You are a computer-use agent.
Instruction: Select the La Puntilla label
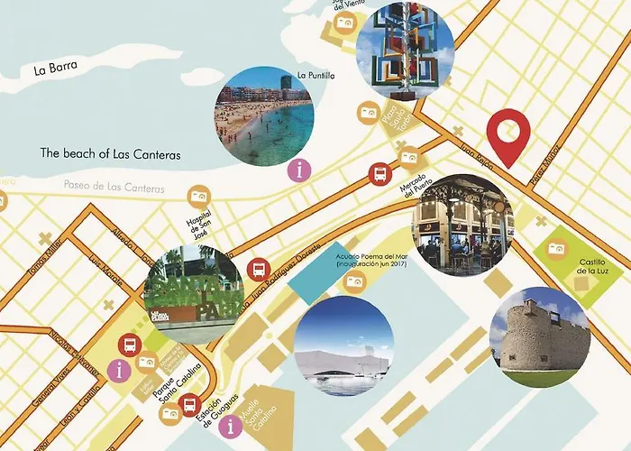pos(315,75)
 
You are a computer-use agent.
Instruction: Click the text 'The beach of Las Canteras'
pos(110,154)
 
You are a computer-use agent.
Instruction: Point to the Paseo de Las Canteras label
pos(114,188)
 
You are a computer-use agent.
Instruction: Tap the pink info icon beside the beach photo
pos(298,168)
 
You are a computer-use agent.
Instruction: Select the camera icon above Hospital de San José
pos(198,196)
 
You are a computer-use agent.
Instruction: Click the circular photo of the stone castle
pos(539,337)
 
